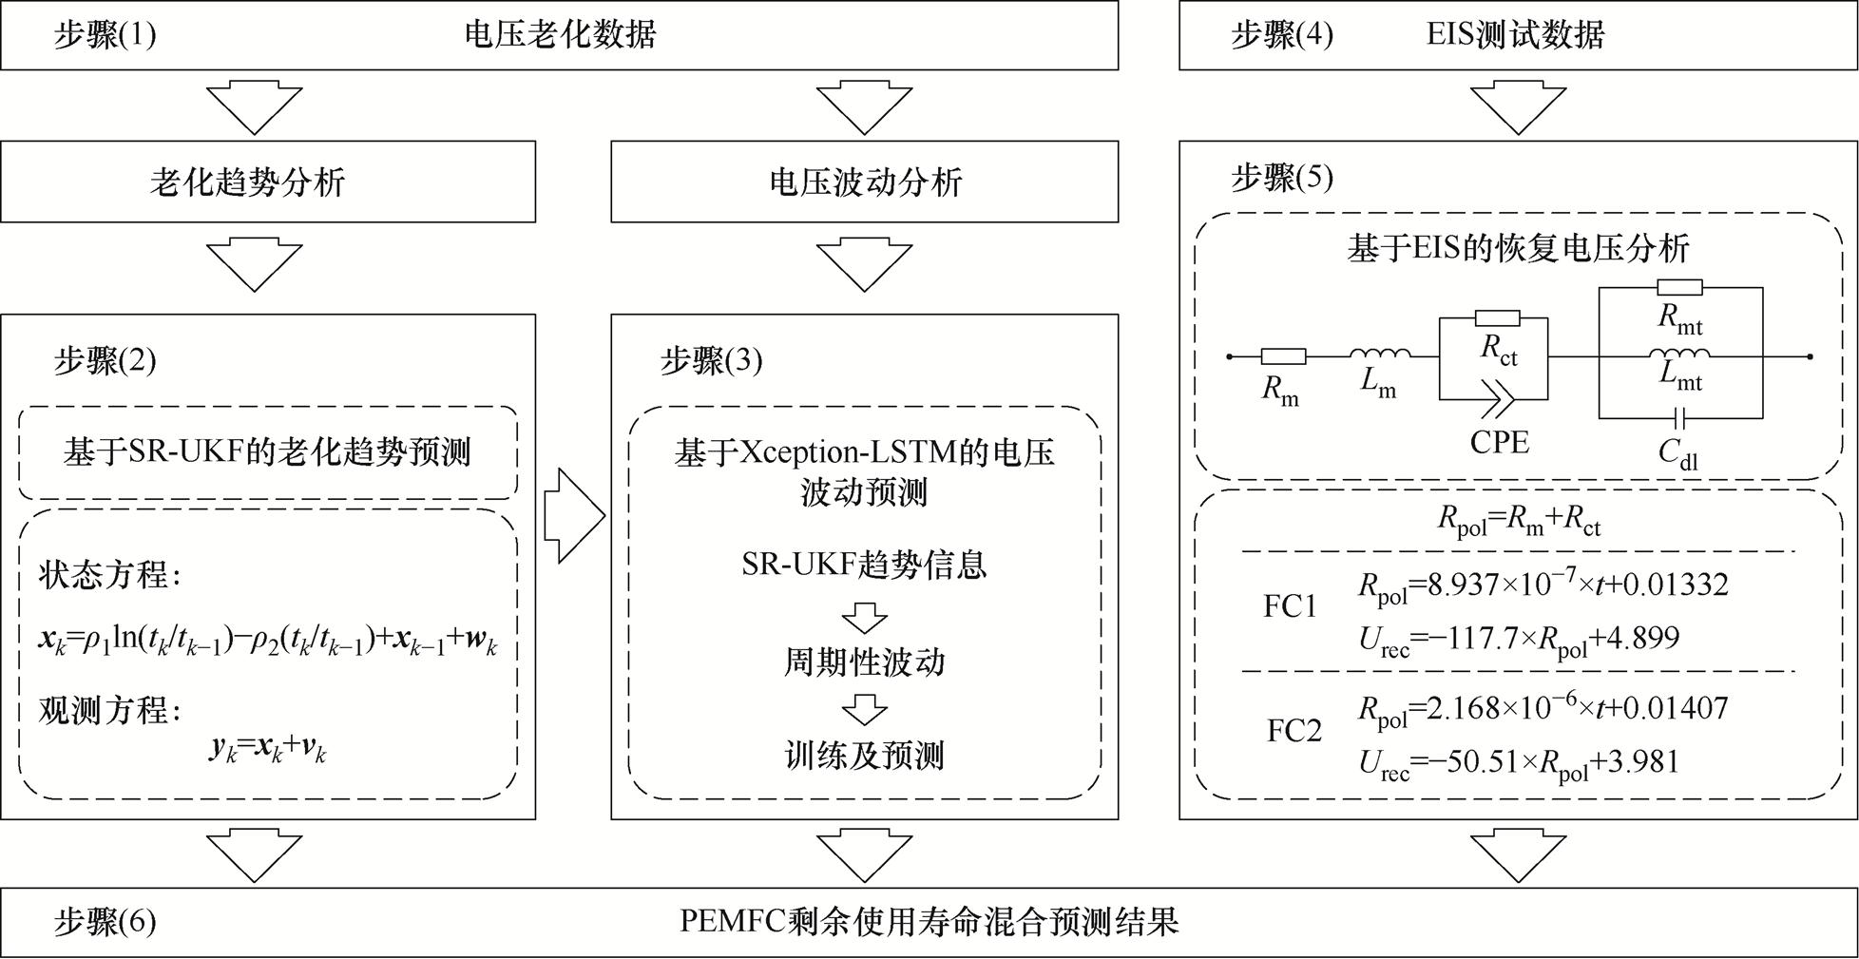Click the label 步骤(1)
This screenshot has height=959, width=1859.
105,35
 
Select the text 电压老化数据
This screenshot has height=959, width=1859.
560,35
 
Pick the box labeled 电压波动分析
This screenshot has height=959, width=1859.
864,182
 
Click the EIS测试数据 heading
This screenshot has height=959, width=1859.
1515,35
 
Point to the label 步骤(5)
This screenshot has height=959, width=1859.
1282,178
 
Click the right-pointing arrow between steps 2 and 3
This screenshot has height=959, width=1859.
573,515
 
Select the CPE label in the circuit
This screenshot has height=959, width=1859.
1499,442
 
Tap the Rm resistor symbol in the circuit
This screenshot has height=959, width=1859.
1282,357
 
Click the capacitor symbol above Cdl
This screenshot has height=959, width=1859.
1680,417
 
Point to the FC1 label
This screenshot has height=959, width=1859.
1290,606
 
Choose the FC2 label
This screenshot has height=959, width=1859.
1294,731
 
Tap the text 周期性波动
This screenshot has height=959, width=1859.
864,662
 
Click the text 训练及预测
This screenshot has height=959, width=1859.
864,756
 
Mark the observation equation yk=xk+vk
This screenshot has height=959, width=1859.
268,750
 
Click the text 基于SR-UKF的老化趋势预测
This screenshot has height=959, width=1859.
267,452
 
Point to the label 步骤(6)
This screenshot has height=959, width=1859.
105,922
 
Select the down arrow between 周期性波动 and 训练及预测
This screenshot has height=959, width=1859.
864,709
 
